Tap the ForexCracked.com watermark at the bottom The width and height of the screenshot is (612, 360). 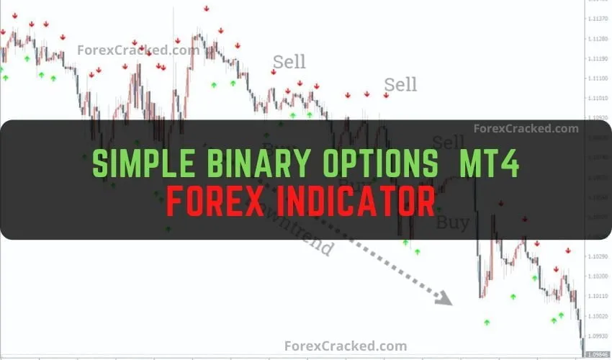pos(346,346)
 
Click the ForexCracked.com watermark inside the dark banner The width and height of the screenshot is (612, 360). pos(526,129)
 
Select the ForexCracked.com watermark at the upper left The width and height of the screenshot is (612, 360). pos(138,50)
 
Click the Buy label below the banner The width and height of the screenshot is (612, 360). pos(452,222)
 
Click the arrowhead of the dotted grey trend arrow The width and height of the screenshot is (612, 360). pos(444,297)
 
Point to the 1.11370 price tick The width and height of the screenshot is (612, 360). pos(597,19)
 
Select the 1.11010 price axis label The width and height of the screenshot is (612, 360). pos(597,98)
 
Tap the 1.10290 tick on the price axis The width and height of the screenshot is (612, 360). pos(597,257)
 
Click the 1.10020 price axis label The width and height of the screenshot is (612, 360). pos(597,316)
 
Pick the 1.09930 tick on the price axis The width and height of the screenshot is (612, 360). pos(597,336)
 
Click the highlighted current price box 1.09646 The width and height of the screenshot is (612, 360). pos(597,354)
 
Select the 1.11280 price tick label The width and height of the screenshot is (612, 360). pos(597,39)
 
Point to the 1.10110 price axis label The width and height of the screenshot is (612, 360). pos(597,297)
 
